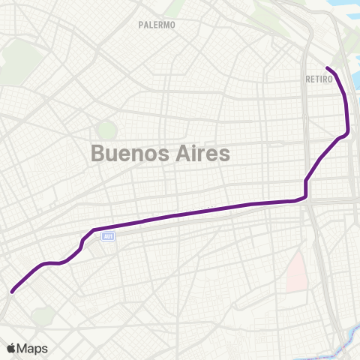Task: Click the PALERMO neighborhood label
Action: (157, 25)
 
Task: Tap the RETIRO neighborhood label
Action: (319, 79)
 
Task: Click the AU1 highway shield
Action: (109, 236)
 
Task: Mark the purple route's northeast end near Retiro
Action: (328, 70)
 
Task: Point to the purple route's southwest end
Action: (12, 291)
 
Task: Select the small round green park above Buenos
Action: (107, 130)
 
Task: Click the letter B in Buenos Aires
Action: (97, 154)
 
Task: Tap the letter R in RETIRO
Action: (308, 79)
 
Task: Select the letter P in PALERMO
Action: (141, 25)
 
